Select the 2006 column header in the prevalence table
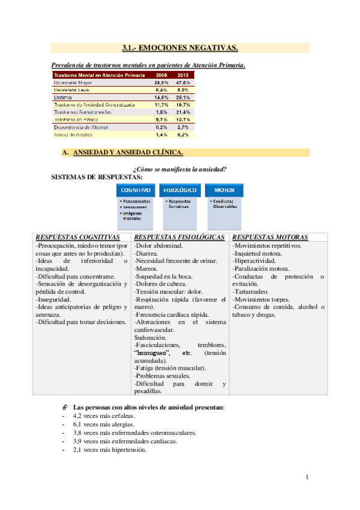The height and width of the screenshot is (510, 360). pyautogui.click(x=161, y=75)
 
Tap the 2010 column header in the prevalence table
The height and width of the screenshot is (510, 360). pyautogui.click(x=183, y=75)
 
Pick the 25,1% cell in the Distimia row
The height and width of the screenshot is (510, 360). pyautogui.click(x=183, y=97)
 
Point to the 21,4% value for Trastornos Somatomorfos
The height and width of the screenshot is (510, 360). pyautogui.click(x=183, y=112)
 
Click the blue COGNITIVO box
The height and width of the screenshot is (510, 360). pyautogui.click(x=136, y=190)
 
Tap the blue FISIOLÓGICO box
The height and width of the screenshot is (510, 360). pyautogui.click(x=180, y=190)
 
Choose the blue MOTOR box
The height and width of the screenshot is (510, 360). pyautogui.click(x=224, y=190)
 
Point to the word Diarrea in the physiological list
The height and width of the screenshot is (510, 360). pyautogui.click(x=147, y=254)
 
